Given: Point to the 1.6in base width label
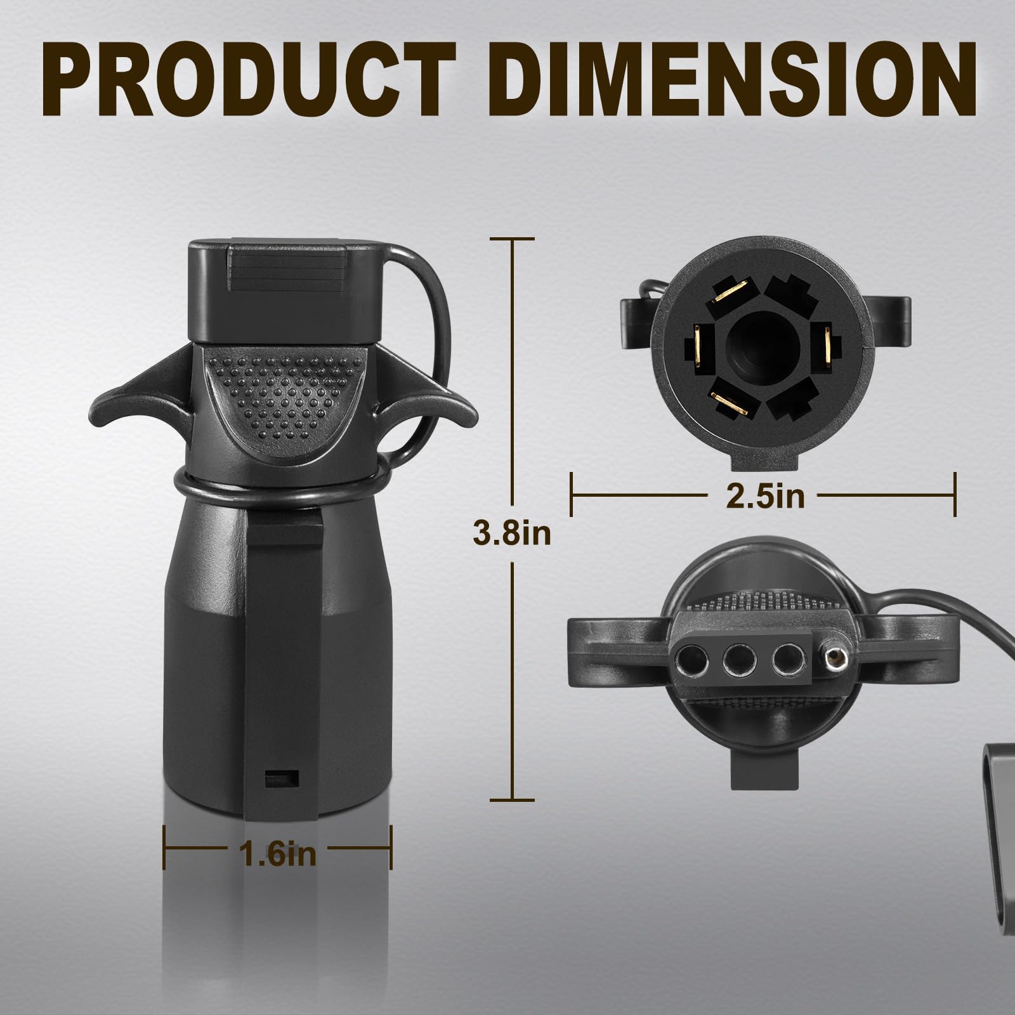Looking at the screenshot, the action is point(277,854).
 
